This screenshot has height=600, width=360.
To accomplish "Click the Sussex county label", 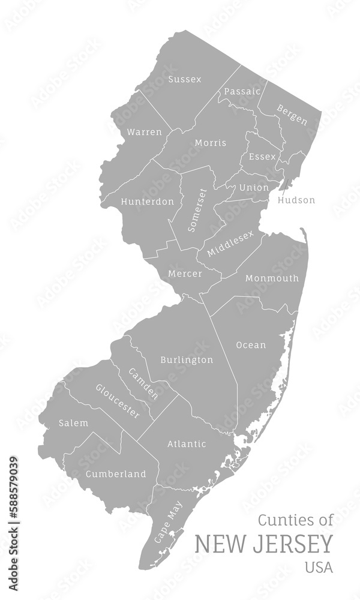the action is point(185,79).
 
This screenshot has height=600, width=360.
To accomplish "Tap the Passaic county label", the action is point(242,92).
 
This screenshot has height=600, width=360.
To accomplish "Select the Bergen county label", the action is point(292,115).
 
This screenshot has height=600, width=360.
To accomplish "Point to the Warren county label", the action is point(145,132).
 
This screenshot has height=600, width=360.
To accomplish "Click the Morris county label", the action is point(211,143).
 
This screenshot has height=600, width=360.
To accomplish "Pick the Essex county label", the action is point(262,157).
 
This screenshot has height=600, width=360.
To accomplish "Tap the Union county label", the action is point(254,188).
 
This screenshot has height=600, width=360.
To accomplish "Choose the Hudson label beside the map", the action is point(296,200).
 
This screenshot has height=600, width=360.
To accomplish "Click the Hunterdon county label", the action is point(148,202).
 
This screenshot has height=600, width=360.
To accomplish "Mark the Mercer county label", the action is point(185,274).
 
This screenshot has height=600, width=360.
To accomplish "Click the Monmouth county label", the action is point(272,278).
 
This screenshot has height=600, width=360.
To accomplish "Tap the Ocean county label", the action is point(251,345).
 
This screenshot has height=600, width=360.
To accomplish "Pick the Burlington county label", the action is point(187,360).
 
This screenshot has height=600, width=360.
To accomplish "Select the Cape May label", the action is point(168,523).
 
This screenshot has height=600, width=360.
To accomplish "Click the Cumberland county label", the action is point(116,474).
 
